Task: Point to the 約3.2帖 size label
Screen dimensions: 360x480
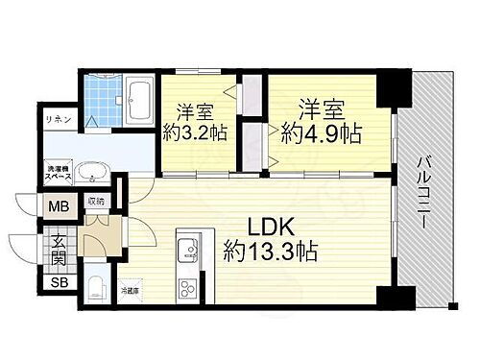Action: (x=194, y=133)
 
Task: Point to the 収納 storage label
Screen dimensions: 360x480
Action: (x=95, y=202)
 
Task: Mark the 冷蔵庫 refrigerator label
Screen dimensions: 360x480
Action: (x=129, y=287)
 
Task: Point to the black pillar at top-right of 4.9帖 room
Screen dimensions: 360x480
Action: (x=391, y=88)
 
